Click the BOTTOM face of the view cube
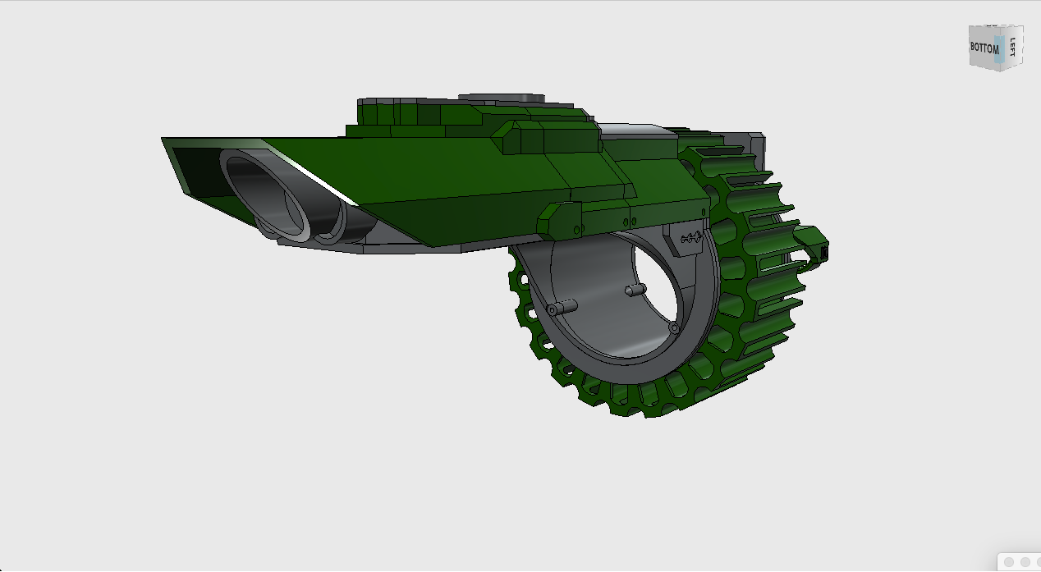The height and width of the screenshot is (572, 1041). [984, 48]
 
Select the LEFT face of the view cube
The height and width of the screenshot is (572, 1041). [1013, 47]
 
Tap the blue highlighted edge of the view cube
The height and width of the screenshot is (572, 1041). [998, 48]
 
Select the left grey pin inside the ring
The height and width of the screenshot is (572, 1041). [562, 307]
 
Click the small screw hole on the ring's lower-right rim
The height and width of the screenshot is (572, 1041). [674, 327]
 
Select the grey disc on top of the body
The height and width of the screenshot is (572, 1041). [502, 98]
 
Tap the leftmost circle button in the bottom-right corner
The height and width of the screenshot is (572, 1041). [1010, 562]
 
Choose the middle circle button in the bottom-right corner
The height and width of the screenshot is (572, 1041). [1025, 562]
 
